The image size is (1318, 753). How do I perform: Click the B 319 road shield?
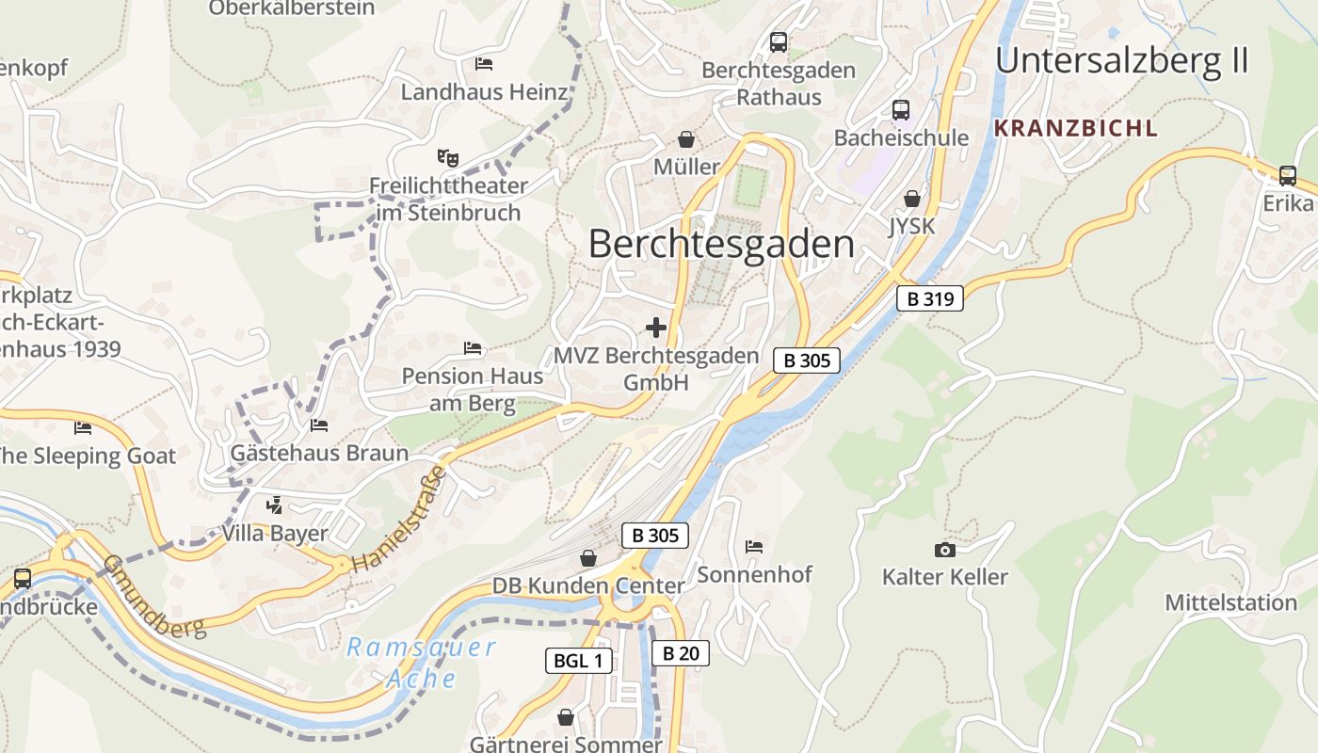click(930, 299)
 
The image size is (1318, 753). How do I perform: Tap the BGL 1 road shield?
click(578, 661)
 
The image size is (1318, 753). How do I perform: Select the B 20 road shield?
click(679, 653)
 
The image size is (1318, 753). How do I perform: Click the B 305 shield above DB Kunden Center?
click(655, 536)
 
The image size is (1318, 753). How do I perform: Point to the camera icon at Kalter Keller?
click(944, 550)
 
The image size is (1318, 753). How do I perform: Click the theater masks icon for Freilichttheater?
click(446, 157)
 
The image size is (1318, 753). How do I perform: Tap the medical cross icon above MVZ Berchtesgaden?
click(656, 328)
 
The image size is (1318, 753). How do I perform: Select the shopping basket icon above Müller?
click(686, 139)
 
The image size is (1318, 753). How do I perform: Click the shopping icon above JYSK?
click(911, 199)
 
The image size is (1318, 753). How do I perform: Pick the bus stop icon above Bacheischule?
click(901, 110)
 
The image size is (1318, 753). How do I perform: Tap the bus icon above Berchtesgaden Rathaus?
click(779, 42)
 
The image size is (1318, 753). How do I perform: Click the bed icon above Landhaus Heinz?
click(484, 64)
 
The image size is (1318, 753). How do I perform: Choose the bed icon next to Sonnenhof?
click(754, 546)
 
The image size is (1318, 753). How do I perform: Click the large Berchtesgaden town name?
click(721, 245)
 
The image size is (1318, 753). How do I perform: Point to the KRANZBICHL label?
click(1075, 128)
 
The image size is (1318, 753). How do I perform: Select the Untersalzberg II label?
click(1121, 60)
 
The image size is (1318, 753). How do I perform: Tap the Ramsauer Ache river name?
click(421, 662)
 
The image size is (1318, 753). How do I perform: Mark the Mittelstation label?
click(1230, 602)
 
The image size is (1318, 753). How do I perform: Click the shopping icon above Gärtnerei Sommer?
click(566, 718)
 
